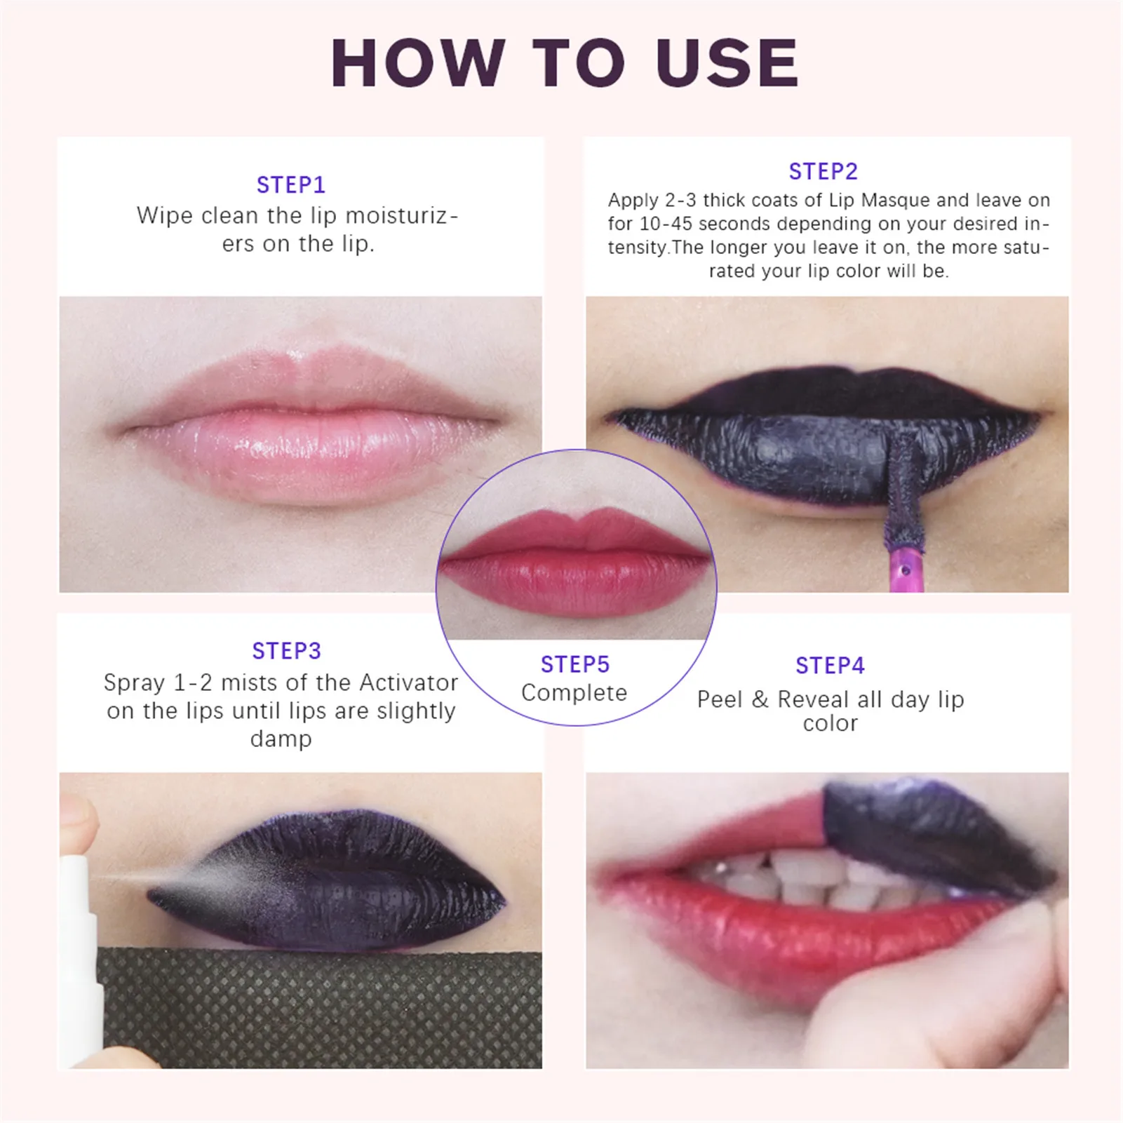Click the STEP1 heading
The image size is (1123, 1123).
pyautogui.click(x=290, y=185)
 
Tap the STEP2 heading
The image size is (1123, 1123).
pyautogui.click(x=823, y=172)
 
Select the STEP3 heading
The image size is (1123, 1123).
pyautogui.click(x=286, y=651)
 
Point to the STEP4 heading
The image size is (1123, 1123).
pyautogui.click(x=830, y=666)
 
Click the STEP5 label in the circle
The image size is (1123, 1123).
pyautogui.click(x=574, y=664)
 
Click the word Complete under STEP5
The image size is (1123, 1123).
pyautogui.click(x=574, y=693)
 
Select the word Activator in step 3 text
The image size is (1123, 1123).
pyautogui.click(x=408, y=682)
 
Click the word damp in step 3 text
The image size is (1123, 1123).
pyautogui.click(x=281, y=739)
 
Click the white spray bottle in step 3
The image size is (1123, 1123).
pyautogui.click(x=79, y=947)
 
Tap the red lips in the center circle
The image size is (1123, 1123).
pyautogui.click(x=575, y=561)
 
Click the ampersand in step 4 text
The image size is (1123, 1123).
pyautogui.click(x=760, y=700)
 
